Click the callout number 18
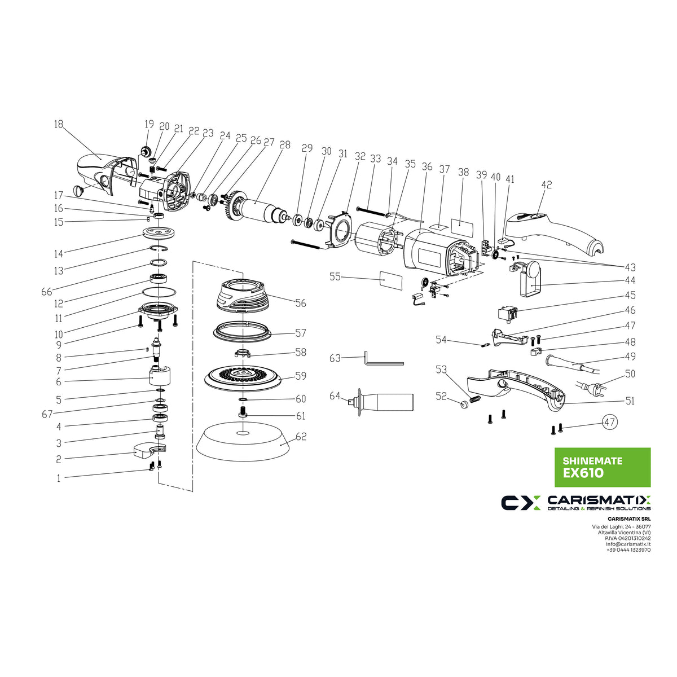click(59, 125)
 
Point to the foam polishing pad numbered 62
click(243, 443)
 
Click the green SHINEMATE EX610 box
click(603, 467)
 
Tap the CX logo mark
click(521, 502)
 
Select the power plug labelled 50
click(591, 388)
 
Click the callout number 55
click(335, 277)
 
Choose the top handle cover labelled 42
click(556, 231)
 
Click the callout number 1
click(58, 478)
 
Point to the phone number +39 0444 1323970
click(628, 550)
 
